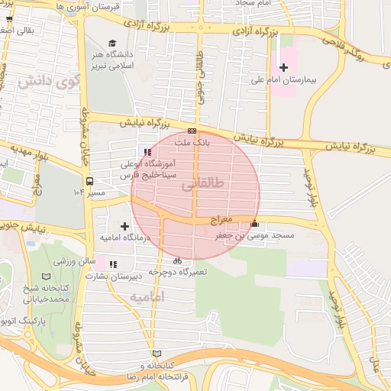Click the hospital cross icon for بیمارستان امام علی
coord(283,69)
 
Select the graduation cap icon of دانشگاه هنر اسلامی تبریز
coord(112,44)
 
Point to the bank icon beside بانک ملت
coord(191,131)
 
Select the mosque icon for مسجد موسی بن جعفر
coord(254,224)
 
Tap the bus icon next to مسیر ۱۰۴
coord(90,182)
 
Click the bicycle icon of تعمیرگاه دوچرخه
coord(177,260)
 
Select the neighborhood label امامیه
coord(147,296)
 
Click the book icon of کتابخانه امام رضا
coord(157,354)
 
